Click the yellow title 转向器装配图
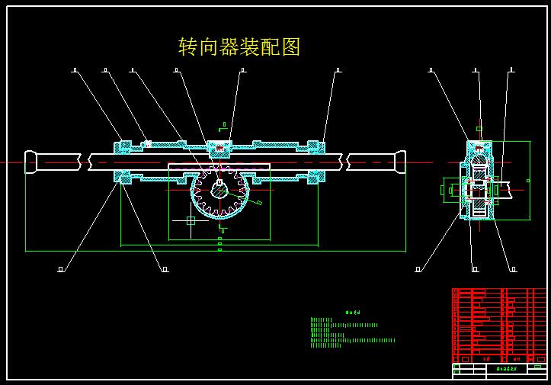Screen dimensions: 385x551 point(239,47)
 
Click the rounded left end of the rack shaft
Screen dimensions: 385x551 point(30,162)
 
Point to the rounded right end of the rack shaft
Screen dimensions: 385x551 point(400,162)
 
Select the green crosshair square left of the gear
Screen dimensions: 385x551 point(191,220)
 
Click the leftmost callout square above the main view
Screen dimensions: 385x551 point(75,71)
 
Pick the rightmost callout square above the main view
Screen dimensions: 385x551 point(338,71)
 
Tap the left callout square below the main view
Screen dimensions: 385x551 point(61,269)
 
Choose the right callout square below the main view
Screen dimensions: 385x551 point(165,269)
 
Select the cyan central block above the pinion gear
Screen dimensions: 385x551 point(219,147)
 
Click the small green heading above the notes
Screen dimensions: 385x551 point(352,312)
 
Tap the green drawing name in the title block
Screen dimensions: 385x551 point(506,369)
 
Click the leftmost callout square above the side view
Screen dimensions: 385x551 point(431,71)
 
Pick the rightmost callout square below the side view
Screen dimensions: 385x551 point(513,269)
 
